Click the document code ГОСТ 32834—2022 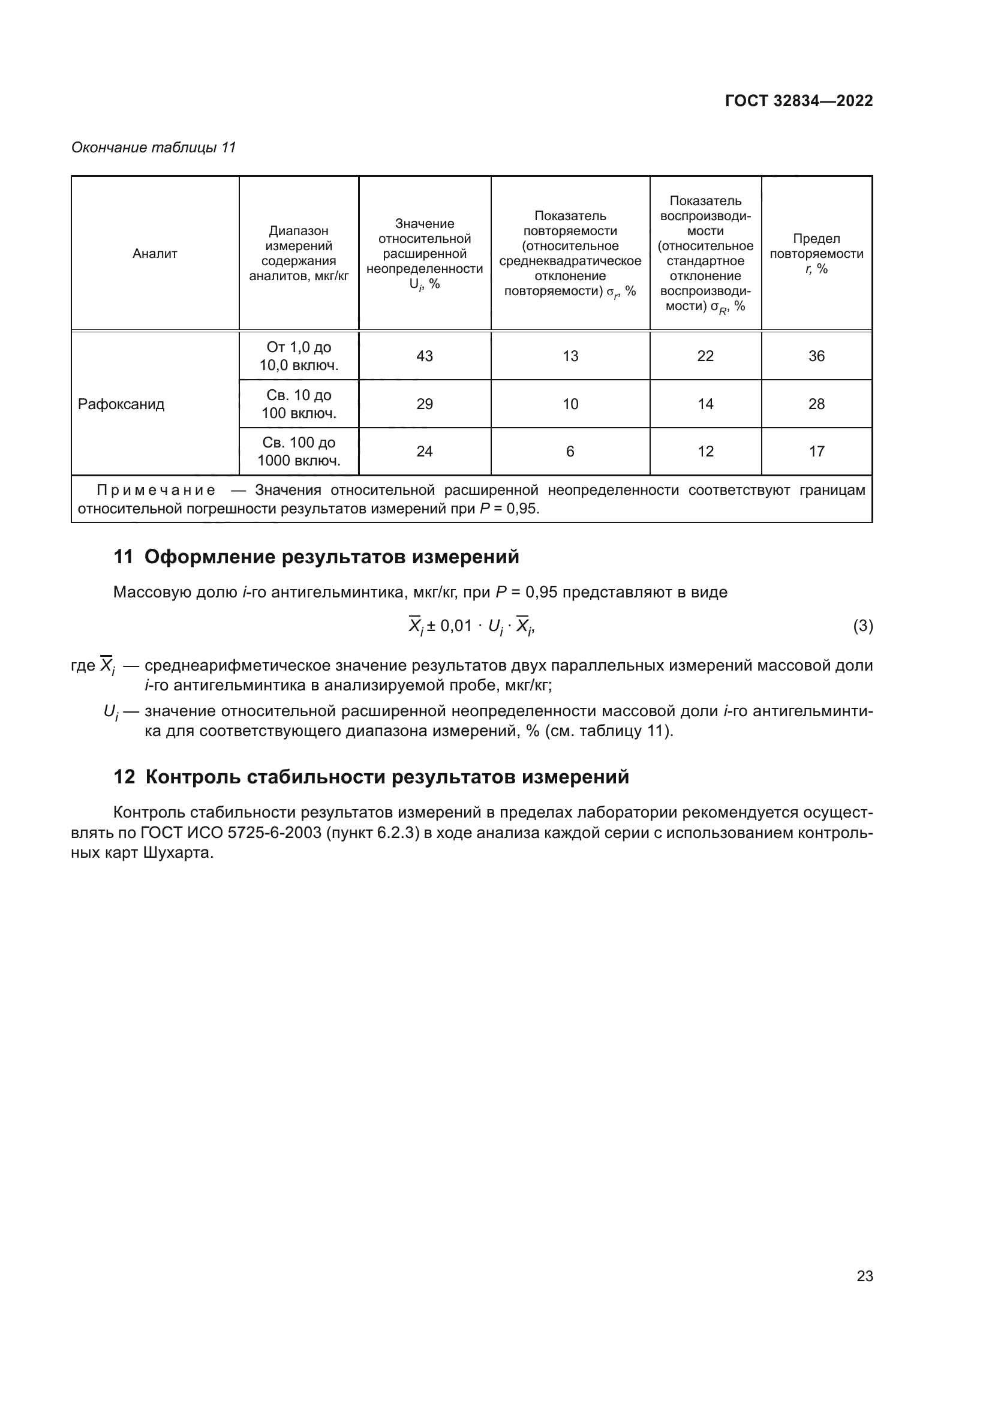pos(798,101)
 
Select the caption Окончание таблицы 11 pos(154,148)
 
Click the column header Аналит pos(155,254)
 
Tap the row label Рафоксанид pos(121,404)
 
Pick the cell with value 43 pos(425,356)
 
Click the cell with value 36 pos(816,356)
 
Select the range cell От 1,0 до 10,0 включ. pos(299,356)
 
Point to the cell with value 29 pos(425,404)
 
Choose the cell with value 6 pos(570,452)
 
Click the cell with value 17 pos(816,452)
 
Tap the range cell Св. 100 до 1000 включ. pos(299,452)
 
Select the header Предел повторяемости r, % pos(816,254)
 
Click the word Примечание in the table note pos(157,490)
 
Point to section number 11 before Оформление pos(123,557)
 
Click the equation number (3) pos(862,626)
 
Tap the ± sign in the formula pos(431,626)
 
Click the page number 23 pos(864,1276)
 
